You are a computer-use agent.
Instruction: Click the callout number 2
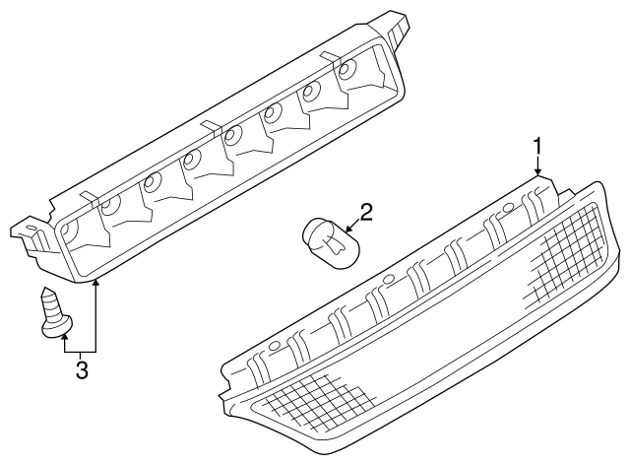(365, 211)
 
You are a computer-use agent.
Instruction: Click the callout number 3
(82, 370)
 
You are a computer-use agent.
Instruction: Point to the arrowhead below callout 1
(538, 173)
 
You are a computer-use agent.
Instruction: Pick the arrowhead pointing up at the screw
(66, 336)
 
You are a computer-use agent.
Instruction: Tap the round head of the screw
(57, 325)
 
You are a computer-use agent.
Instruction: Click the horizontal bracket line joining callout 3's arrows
(81, 351)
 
